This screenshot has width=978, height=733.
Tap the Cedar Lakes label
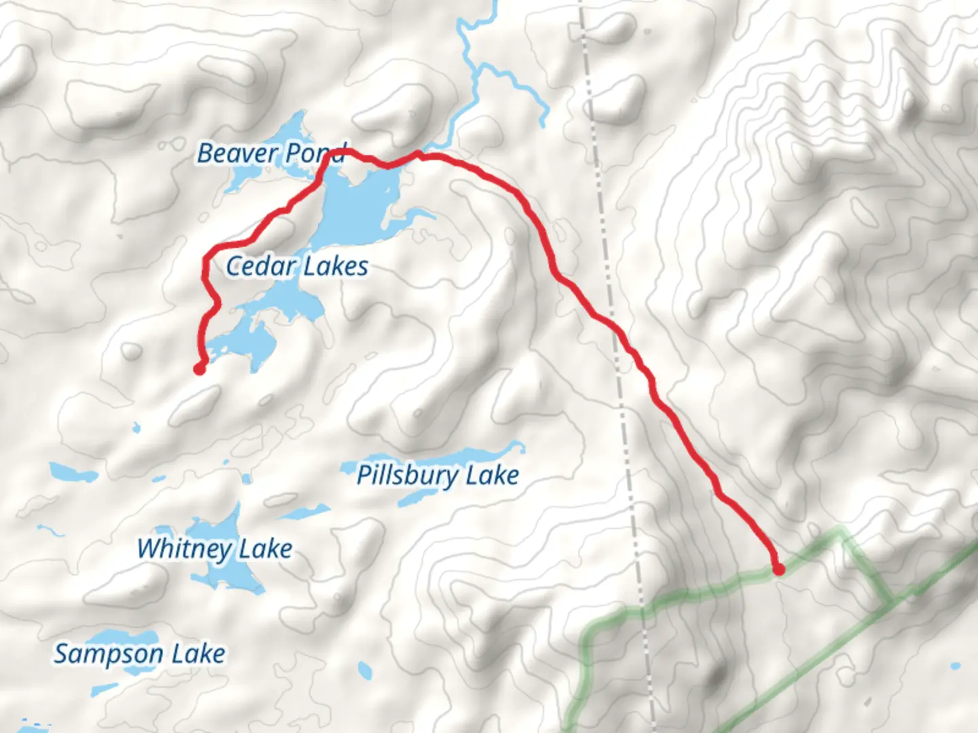pos(297,266)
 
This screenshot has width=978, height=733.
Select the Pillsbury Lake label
pos(438,475)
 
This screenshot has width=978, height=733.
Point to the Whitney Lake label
pos(215,548)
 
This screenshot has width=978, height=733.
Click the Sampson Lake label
pos(139,654)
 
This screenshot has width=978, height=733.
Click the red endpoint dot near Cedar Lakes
pos(199,369)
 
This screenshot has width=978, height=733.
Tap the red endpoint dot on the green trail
pos(778,569)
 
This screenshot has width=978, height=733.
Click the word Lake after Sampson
pos(198,654)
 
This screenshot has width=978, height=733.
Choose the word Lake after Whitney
pos(265,548)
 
